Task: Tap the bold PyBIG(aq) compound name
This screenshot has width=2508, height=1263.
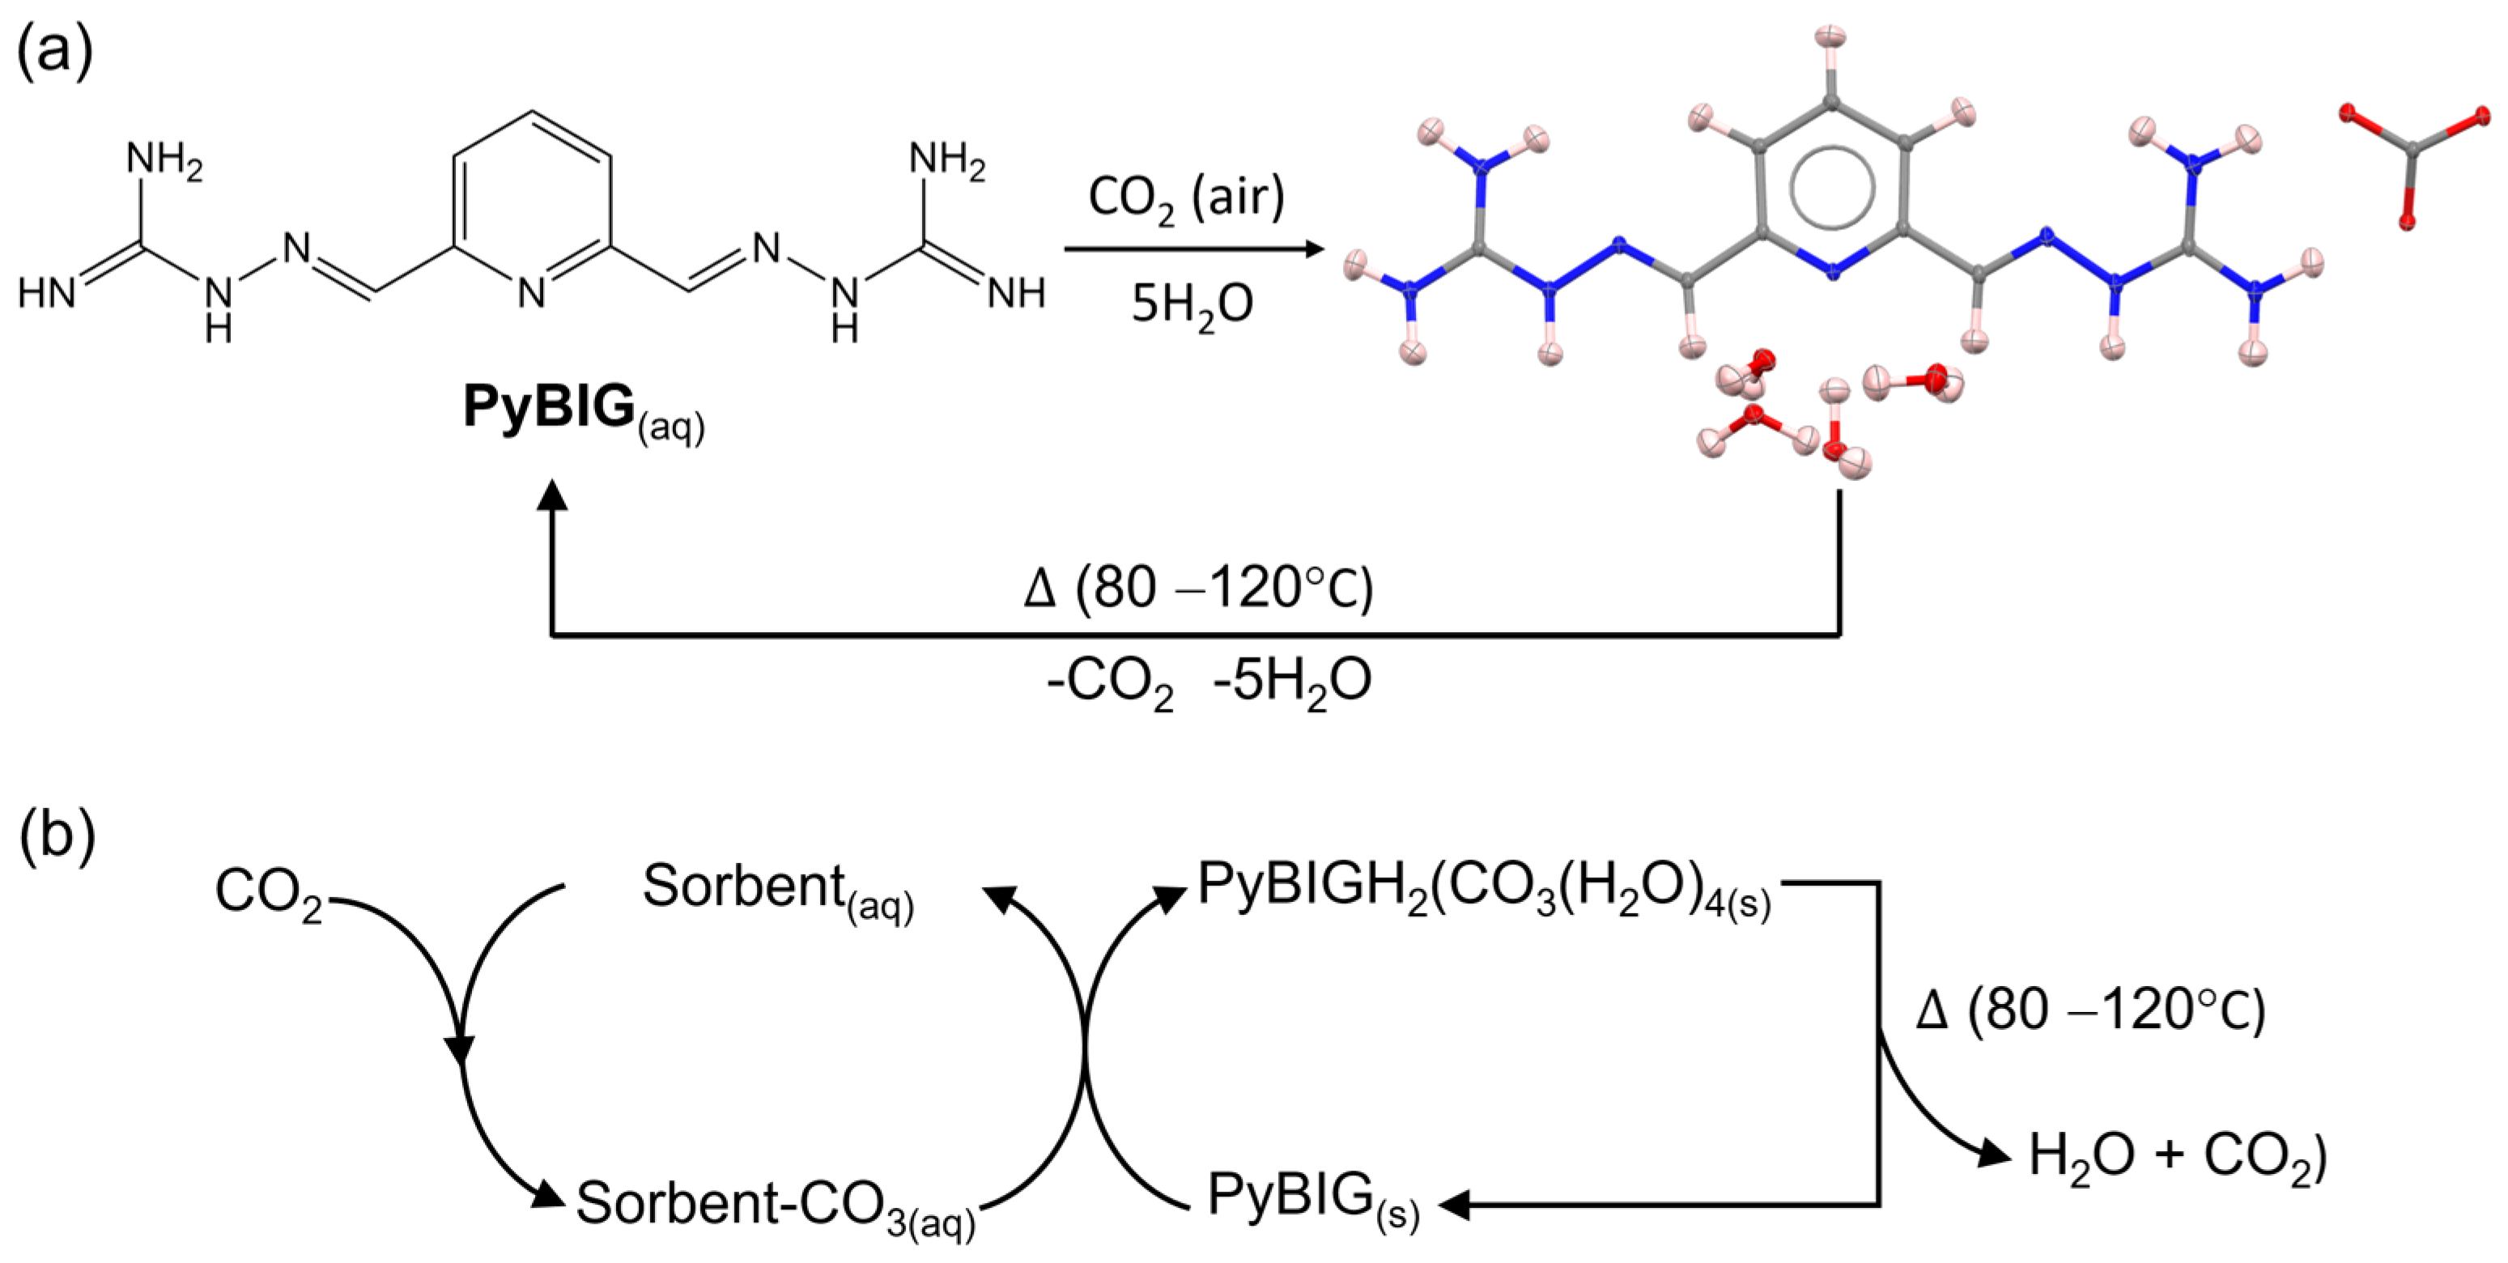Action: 582,409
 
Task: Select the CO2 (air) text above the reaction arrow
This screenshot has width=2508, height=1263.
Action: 1186,198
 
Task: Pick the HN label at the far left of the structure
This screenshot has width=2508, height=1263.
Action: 47,292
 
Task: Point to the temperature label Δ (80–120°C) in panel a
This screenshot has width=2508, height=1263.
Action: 1198,588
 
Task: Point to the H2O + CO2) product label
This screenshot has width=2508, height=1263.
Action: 2177,1157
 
